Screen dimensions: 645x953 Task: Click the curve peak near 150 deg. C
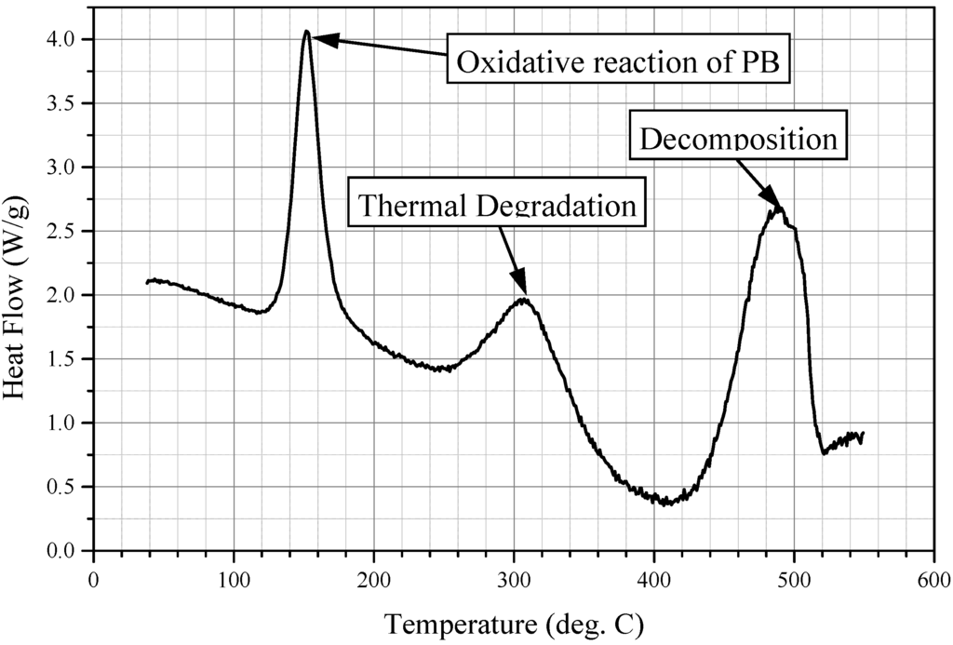(x=306, y=32)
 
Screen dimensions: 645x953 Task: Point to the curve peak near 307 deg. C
(x=524, y=299)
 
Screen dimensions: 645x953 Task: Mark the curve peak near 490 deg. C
(x=780, y=208)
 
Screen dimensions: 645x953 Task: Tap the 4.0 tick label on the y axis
(x=67, y=39)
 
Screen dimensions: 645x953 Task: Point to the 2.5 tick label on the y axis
(x=67, y=231)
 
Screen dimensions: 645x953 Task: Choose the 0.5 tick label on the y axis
(x=67, y=487)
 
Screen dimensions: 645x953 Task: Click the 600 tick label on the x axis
(x=933, y=579)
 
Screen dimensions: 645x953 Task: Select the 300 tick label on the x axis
(x=513, y=579)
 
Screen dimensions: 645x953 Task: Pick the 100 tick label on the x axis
(x=233, y=579)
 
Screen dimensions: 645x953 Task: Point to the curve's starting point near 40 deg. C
(x=148, y=281)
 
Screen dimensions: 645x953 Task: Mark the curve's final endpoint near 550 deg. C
(x=863, y=434)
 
